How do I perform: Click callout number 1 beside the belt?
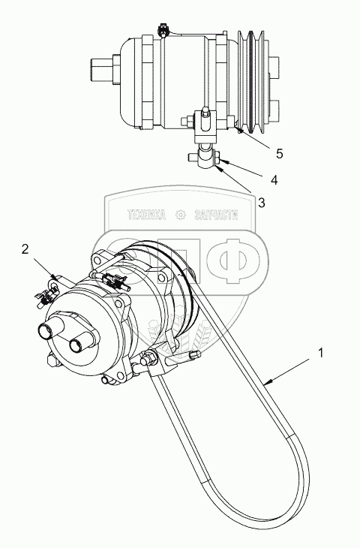pos(321,353)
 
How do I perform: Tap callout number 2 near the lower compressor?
pos(25,249)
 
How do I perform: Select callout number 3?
pos(262,203)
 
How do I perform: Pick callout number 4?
pos(274,180)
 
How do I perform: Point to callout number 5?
pos(279,153)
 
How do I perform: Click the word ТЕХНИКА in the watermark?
pos(147,215)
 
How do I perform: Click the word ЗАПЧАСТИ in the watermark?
pos(217,215)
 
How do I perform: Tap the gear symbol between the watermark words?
pos(180,215)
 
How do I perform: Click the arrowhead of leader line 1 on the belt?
pos(266,383)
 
